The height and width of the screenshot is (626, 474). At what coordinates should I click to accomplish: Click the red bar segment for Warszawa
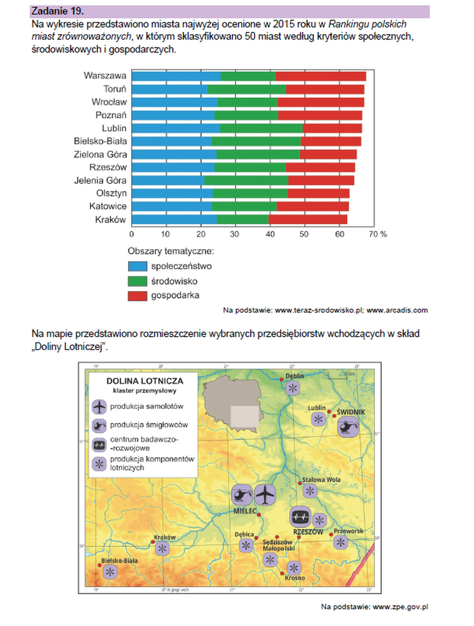[320, 76]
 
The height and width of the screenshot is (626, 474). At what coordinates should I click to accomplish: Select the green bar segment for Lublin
[261, 129]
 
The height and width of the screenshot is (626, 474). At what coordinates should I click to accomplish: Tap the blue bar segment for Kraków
[174, 220]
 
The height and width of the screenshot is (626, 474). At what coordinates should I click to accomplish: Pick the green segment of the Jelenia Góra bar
[246, 181]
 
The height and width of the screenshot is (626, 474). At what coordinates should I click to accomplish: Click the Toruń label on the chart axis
[115, 89]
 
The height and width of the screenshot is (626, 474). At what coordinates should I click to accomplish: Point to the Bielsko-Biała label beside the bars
[100, 141]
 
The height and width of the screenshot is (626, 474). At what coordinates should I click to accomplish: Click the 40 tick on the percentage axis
[270, 234]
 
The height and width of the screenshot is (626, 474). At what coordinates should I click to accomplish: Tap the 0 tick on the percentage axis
[132, 234]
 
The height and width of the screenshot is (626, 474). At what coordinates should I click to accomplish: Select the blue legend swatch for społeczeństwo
[138, 266]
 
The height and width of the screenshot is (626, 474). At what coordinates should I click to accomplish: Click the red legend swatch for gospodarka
[138, 296]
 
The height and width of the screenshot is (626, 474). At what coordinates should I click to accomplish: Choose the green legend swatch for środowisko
[138, 281]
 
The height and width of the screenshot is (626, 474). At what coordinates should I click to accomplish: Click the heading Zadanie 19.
[58, 11]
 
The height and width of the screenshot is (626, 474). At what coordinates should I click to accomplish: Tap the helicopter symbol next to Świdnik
[348, 426]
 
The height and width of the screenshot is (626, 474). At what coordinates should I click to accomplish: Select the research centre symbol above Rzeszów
[300, 516]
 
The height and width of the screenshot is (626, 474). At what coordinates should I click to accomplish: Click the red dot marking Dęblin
[281, 380]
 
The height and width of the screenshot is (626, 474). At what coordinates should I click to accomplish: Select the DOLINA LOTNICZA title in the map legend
[145, 381]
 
